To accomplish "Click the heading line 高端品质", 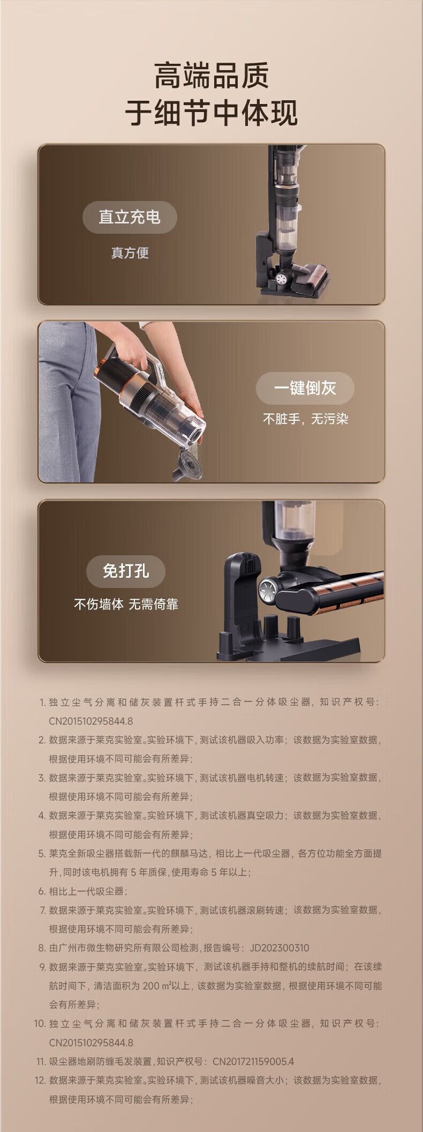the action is pos(211,76).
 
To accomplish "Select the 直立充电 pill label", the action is pos(130,217).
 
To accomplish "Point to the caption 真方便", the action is pos(130,253).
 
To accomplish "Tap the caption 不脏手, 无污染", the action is pos(305,419).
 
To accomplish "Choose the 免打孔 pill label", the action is pos(126,571).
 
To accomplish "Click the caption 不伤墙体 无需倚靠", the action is pos(126,605).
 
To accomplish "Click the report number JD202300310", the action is pos(280,947).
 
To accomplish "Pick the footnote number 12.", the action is pos(40,1080).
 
